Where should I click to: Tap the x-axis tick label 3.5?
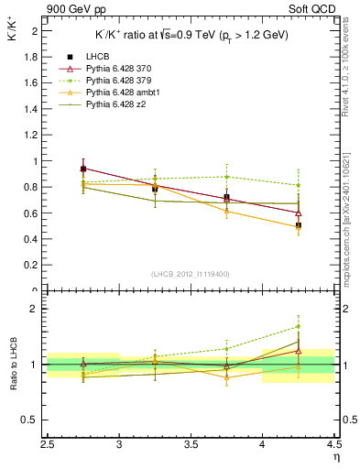191,445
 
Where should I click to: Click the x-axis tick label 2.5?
49,445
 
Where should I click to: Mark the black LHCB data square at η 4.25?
298,225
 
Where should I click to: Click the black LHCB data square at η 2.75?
83,169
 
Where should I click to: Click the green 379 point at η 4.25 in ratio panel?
298,326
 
